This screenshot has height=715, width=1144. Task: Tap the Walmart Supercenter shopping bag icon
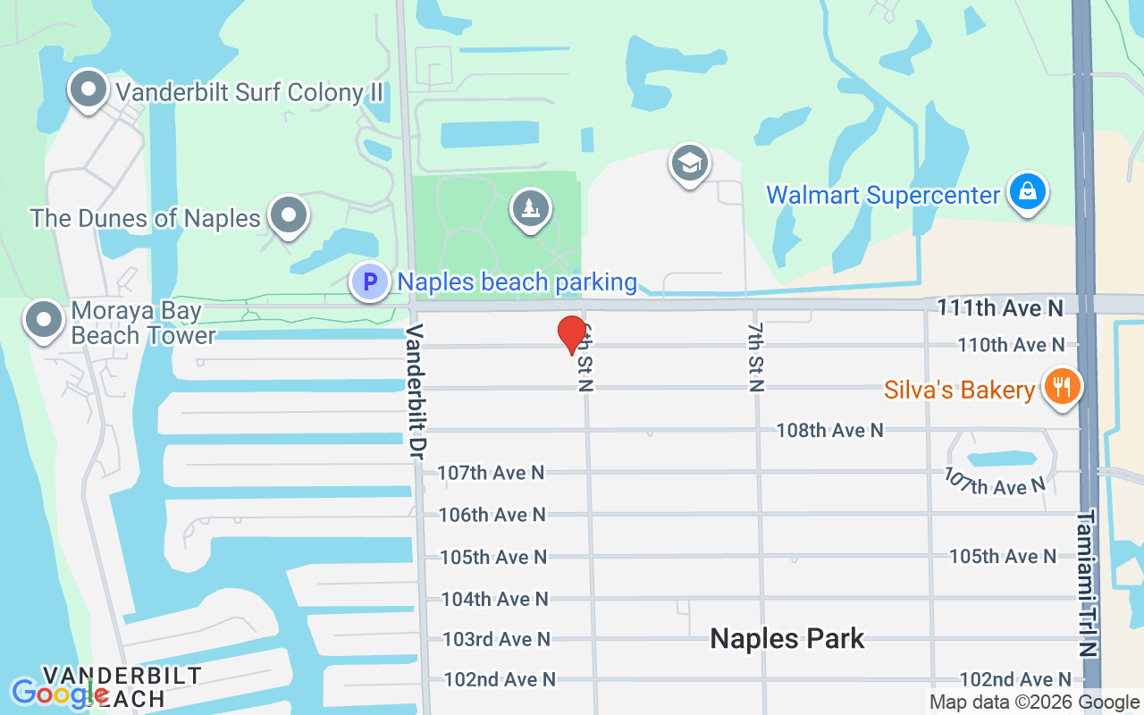point(1028,191)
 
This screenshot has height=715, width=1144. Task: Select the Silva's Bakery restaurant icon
point(1062,388)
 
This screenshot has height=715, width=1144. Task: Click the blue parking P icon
point(369,282)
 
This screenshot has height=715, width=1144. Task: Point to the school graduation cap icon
point(690,164)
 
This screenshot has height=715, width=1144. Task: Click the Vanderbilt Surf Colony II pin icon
point(88,89)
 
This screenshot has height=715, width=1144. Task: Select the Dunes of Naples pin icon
point(289,215)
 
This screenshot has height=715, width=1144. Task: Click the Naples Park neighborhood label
point(787,638)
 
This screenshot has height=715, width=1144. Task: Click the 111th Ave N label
point(1000,308)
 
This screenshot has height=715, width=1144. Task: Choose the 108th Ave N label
point(829,430)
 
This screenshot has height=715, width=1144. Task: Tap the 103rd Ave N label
point(496,639)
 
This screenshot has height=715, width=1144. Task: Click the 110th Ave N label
point(1011,344)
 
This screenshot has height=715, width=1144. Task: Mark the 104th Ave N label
point(494,599)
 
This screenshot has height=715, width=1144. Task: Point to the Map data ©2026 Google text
point(1034,702)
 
